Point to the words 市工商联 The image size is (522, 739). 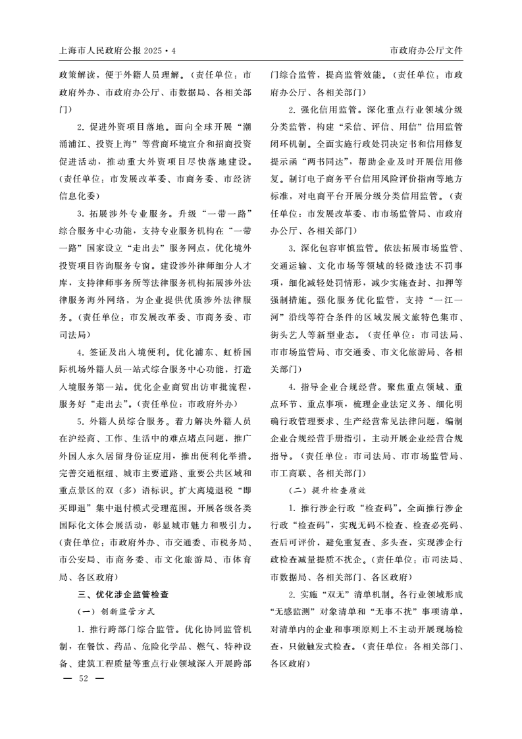point(286,473)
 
